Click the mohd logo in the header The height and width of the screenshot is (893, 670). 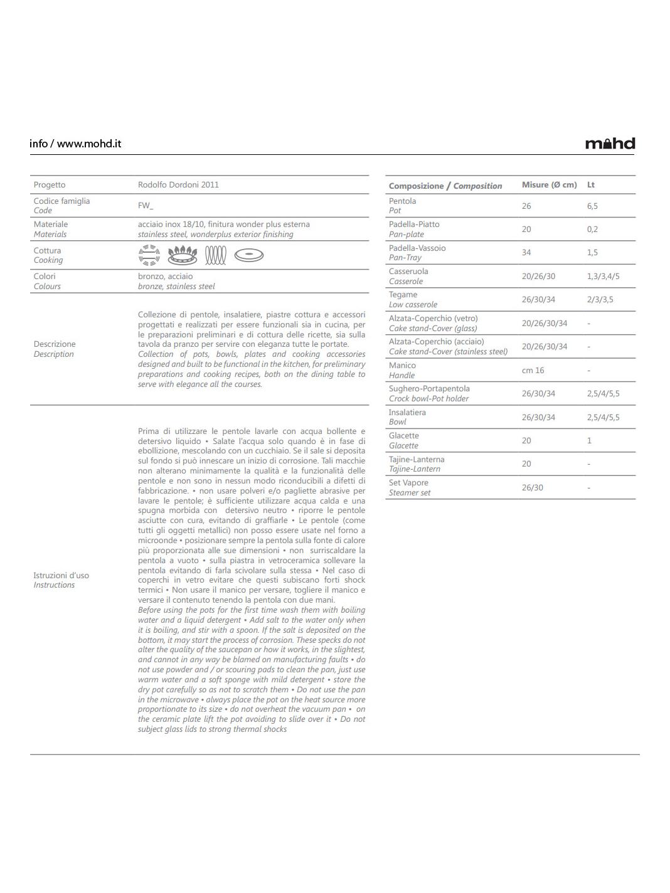tap(610, 144)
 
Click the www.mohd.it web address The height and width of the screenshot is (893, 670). tap(89, 144)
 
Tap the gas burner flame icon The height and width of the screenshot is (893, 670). tap(183, 255)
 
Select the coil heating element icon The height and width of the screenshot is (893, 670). tap(215, 255)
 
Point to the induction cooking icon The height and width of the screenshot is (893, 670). tap(149, 255)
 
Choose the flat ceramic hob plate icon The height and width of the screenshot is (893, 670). tap(249, 255)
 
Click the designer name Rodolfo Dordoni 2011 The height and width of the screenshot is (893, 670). tap(178, 185)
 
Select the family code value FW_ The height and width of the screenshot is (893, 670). tap(146, 206)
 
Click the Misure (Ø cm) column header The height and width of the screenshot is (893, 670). tap(549, 185)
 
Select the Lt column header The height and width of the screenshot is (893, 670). tap(591, 185)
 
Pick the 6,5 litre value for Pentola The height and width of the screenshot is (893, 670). tap(592, 206)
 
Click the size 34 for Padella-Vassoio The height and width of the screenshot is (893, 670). tap(526, 253)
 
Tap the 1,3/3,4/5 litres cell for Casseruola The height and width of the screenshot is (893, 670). tap(603, 276)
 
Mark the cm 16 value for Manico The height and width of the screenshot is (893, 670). tap(533, 370)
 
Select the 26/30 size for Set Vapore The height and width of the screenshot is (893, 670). tap(533, 487)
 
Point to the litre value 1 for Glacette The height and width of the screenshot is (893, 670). tap(589, 440)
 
